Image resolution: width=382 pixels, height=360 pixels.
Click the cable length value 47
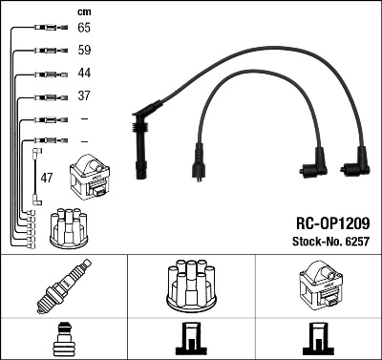coord(48,179)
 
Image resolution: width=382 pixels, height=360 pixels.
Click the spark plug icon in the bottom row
coord(64,287)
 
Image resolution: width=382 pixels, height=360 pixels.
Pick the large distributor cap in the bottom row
coord(191,287)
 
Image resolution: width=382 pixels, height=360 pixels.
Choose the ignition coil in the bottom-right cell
coord(318,286)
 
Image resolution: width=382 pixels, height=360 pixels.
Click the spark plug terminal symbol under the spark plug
coord(64,341)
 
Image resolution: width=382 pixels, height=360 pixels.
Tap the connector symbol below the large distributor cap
coord(191,341)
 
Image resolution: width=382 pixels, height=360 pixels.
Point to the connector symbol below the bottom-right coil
coord(318,341)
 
